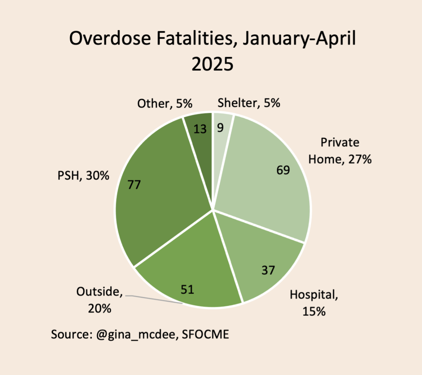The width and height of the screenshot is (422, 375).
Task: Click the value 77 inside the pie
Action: tap(134, 185)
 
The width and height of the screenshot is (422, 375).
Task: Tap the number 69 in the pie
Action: tap(283, 170)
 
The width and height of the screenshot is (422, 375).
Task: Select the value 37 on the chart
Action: tap(268, 270)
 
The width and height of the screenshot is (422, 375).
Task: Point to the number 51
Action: tap(187, 289)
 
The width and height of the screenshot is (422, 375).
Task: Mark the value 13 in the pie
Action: tap(200, 129)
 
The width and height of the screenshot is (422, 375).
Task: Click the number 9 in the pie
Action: tap(220, 127)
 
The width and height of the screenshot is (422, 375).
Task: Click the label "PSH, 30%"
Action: tap(83, 176)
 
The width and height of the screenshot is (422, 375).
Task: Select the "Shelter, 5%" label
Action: tap(249, 103)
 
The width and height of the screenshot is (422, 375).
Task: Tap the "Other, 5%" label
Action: tap(165, 104)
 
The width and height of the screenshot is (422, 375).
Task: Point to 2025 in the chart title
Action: tap(212, 64)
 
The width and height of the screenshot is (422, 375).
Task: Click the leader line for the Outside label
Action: tap(154, 300)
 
